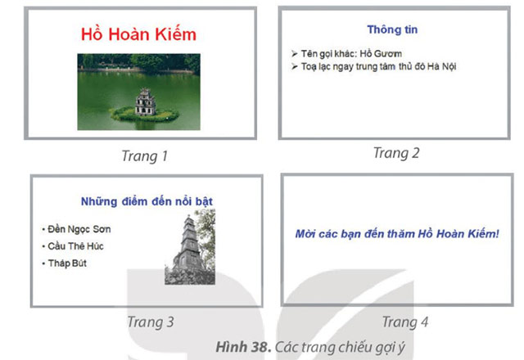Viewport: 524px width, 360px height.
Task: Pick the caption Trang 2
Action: point(396,152)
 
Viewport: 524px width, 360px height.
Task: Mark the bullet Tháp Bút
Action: point(67,263)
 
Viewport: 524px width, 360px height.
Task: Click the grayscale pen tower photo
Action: point(190,246)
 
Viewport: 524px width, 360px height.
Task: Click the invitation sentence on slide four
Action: point(396,234)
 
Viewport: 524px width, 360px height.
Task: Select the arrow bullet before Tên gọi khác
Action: point(295,53)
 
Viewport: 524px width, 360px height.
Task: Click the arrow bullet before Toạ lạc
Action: point(295,66)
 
